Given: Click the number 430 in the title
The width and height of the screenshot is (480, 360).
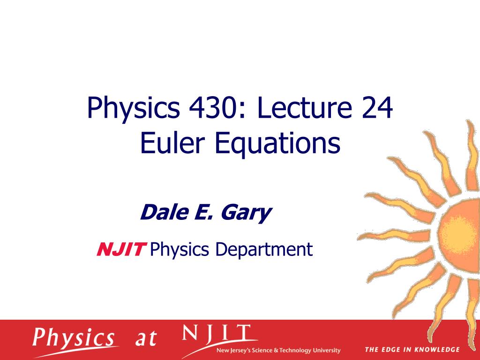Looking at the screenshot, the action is [216, 108].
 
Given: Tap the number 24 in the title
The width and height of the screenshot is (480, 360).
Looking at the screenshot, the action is [377, 108].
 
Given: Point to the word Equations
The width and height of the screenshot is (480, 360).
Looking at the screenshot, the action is [277, 145].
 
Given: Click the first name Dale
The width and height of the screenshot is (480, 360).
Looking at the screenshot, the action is [165, 212].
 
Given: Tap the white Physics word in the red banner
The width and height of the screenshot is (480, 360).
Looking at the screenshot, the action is [74, 339].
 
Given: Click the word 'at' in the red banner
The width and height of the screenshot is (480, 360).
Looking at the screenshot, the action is [146, 338].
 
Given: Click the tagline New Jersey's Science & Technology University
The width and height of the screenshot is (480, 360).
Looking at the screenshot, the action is [278, 350].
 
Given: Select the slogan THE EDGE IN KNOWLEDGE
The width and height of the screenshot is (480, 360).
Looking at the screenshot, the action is [412, 350].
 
